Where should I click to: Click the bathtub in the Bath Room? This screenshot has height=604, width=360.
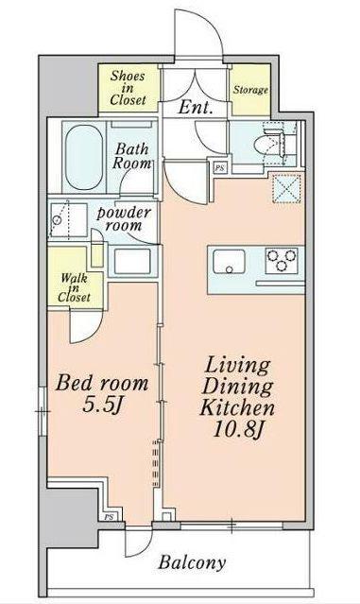[84, 157]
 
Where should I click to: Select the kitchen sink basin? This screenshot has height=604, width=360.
[229, 262]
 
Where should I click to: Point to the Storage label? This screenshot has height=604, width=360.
[250, 90]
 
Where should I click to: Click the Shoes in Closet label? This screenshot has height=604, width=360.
[128, 88]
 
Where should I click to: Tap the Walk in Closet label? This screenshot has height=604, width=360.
[74, 287]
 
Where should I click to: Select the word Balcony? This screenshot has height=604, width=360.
[192, 562]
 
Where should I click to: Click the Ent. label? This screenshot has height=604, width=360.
[196, 107]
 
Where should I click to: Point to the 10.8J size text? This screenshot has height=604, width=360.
[237, 429]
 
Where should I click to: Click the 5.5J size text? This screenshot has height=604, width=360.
[102, 405]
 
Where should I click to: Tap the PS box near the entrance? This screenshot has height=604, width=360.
[220, 168]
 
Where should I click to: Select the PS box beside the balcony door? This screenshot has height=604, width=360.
[109, 516]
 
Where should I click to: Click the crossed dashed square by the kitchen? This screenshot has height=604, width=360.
[286, 188]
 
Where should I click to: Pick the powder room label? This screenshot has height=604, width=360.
[123, 218]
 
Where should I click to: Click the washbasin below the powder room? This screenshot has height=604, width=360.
[132, 261]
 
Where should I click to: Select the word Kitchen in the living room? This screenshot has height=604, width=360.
[237, 407]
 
